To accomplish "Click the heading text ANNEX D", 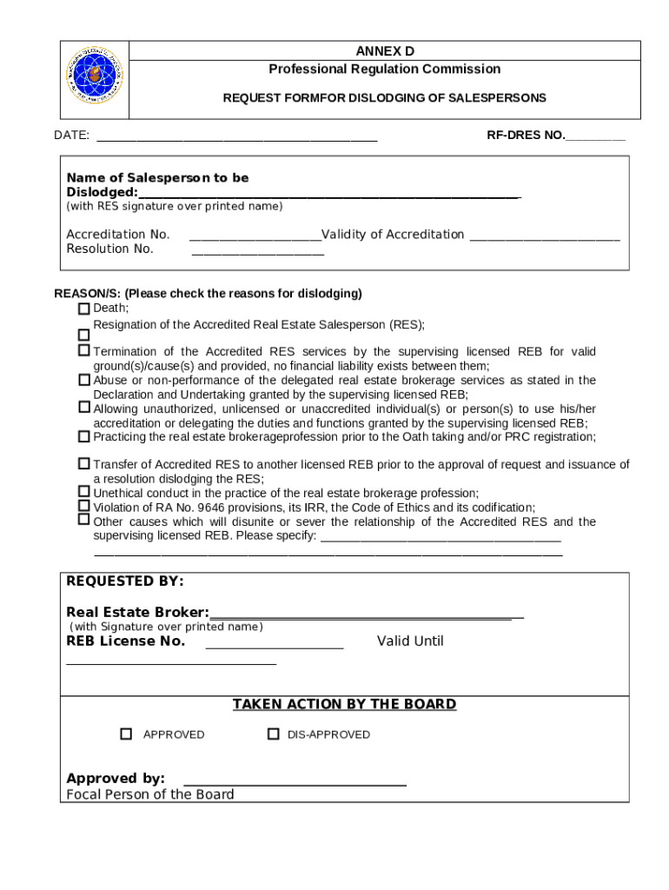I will tap(384, 51).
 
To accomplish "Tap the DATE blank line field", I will tap(236, 136).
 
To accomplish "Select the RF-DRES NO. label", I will tap(526, 135).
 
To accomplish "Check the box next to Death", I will tap(84, 309).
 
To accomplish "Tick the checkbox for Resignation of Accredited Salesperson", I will tap(84, 335).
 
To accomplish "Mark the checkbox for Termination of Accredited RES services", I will tap(84, 350).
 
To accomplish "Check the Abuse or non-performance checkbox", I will tap(84, 380).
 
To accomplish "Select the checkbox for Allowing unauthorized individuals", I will tap(84, 407).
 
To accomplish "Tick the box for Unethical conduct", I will tap(84, 492).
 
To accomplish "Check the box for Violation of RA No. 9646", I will tap(84, 506).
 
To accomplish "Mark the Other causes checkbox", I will tap(84, 520).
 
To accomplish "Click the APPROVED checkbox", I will tap(126, 734).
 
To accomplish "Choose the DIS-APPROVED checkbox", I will tap(273, 734).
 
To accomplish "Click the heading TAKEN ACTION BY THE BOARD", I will tap(344, 704).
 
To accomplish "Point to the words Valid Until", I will tap(410, 641).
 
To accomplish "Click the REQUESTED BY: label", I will tap(125, 581).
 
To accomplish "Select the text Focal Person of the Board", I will tap(150, 794).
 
